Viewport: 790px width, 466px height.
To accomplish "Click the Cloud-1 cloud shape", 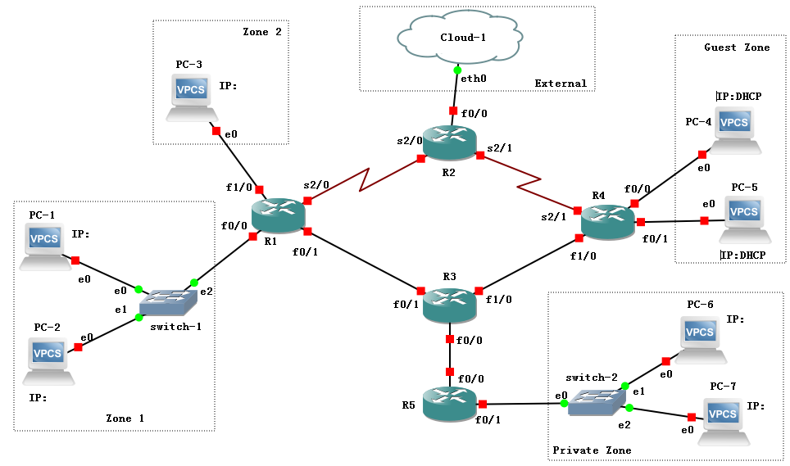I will pyautogui.click(x=458, y=38).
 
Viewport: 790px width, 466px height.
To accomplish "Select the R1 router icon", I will pyautogui.click(x=277, y=215).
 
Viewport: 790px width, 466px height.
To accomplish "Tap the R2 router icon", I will pyautogui.click(x=449, y=143).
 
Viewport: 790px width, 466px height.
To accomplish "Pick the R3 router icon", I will pyautogui.click(x=449, y=305).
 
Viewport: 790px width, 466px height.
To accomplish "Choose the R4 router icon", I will pyautogui.click(x=607, y=222).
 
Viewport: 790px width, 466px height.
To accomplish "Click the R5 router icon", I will pyautogui.click(x=449, y=404).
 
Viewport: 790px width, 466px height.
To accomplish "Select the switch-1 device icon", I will pyautogui.click(x=168, y=303).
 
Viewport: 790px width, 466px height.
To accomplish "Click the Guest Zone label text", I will pyautogui.click(x=737, y=48).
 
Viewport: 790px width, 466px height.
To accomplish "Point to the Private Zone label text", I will pyautogui.click(x=592, y=450).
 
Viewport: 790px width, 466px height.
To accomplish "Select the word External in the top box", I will pyautogui.click(x=561, y=83).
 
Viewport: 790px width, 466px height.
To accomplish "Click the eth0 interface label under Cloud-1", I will pyautogui.click(x=473, y=79).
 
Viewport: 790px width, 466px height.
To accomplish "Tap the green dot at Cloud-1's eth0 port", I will pyautogui.click(x=457, y=70).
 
